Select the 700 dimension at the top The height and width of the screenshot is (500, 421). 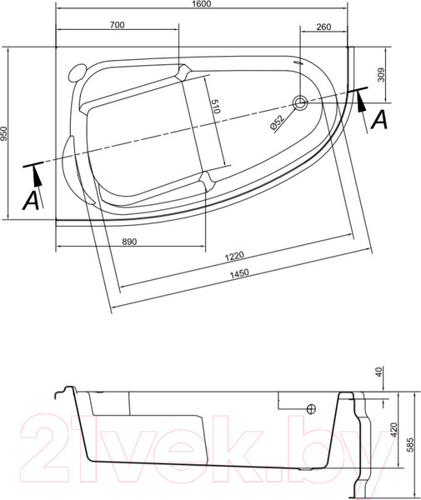click(x=117, y=26)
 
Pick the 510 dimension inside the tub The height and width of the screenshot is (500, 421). click(x=215, y=107)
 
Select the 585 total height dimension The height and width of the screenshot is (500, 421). click(x=410, y=444)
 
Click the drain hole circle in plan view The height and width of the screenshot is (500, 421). click(x=301, y=103)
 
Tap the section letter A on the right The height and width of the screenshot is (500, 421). click(x=378, y=119)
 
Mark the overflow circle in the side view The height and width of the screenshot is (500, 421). click(x=311, y=409)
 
